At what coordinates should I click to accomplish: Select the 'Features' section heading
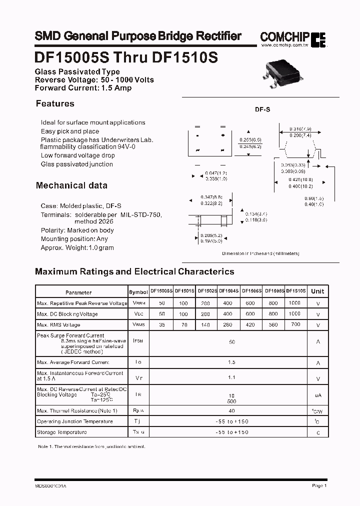pos(55,104)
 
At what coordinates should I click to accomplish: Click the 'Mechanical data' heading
pos(71,185)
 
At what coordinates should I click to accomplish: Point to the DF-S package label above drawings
pos(263,109)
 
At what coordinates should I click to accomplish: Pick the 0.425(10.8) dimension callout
pos(300,179)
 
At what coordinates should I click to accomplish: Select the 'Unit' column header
pos(317,291)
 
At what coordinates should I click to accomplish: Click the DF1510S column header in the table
pos(295,291)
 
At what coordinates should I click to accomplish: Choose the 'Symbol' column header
pos(138,292)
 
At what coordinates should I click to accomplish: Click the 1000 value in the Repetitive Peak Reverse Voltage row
pos(295,303)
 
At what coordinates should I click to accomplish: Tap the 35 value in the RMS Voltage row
pos(161,325)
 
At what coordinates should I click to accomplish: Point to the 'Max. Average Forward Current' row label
pos(73,362)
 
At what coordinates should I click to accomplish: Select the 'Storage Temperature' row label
pos(62,432)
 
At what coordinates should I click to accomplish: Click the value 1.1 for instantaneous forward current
pos(231,377)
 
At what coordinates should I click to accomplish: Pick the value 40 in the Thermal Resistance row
pos(231,410)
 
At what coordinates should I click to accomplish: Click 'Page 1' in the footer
pos(319,485)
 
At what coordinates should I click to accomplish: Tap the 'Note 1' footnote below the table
pos(91,446)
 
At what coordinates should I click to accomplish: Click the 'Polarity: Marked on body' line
pos(77,230)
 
